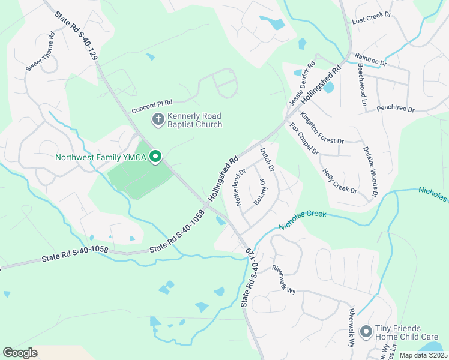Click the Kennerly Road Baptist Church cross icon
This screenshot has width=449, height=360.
coord(158,119)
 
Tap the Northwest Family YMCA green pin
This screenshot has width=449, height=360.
coord(155,157)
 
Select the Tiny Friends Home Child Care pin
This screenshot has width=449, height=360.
coord(366,332)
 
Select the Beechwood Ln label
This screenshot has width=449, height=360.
coord(362,84)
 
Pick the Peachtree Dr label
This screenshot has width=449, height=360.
coord(396,109)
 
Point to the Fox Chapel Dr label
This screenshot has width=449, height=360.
coord(304,139)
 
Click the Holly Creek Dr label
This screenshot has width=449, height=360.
coord(340,181)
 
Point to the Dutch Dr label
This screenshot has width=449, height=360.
coord(267,160)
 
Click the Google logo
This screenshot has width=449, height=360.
coord(20,353)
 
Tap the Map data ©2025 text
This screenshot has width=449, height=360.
coord(423,355)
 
